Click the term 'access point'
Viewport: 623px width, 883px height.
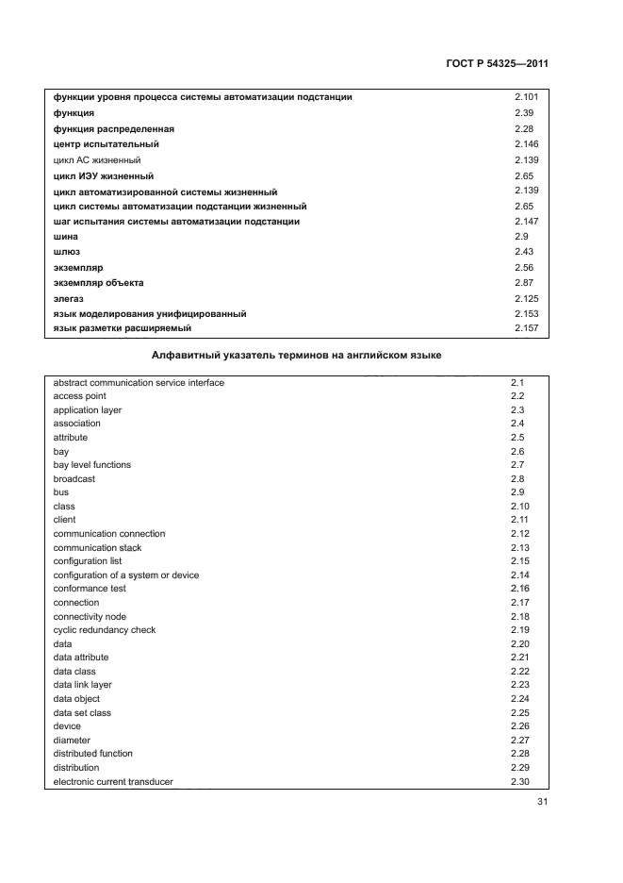point(79,396)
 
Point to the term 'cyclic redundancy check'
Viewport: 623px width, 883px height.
point(105,630)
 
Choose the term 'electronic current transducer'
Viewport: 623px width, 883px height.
point(113,781)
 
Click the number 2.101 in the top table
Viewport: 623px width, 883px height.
point(526,97)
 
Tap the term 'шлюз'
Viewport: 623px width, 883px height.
point(67,252)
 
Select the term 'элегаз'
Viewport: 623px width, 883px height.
point(70,298)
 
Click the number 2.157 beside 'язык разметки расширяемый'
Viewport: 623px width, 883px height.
point(526,328)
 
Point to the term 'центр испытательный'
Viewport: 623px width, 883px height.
point(107,144)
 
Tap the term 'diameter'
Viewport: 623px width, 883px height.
point(72,741)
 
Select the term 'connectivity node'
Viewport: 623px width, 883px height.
point(91,616)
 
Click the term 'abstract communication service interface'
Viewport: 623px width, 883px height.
point(139,383)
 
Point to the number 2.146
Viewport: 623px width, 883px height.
point(526,143)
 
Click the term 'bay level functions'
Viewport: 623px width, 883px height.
point(92,465)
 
